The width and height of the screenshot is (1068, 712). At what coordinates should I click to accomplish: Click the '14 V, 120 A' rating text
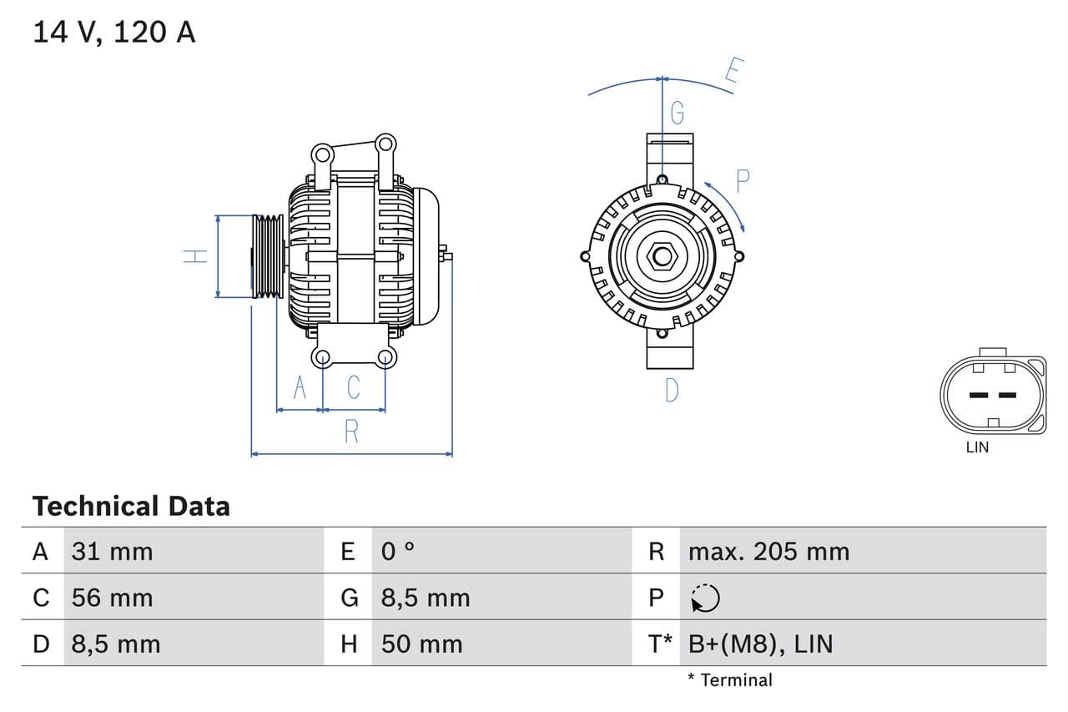tap(113, 32)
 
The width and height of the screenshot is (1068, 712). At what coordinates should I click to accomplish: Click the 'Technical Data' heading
tap(131, 506)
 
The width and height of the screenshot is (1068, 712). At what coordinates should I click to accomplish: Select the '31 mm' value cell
tap(113, 551)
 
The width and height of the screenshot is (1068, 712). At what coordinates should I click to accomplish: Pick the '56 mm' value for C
tap(113, 598)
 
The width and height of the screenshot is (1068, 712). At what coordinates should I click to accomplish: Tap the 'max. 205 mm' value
tap(768, 551)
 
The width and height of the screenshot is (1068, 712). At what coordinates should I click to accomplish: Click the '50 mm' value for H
tap(421, 644)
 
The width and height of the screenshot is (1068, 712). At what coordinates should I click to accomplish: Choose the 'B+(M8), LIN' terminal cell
tap(760, 644)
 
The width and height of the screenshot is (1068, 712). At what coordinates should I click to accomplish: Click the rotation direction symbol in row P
tap(705, 598)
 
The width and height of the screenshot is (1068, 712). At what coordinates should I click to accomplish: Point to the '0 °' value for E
tap(398, 551)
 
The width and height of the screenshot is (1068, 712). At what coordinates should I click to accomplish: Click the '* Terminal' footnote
tap(730, 679)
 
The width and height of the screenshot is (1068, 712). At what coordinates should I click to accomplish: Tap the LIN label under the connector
tap(977, 447)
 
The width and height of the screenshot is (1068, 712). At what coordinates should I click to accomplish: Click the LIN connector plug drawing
tap(992, 393)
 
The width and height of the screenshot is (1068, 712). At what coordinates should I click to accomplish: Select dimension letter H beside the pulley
tap(195, 256)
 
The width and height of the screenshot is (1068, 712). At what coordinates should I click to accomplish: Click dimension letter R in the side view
tap(351, 432)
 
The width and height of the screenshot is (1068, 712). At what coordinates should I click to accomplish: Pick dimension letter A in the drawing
tap(300, 387)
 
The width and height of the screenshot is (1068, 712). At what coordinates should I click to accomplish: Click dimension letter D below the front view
tap(672, 390)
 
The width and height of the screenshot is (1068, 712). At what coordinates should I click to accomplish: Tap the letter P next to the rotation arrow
tap(743, 180)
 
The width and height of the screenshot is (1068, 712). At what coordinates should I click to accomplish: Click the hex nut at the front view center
tap(662, 256)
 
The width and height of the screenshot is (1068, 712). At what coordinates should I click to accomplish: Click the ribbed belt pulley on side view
tap(268, 256)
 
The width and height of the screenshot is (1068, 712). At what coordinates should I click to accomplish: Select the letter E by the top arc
tap(733, 71)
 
